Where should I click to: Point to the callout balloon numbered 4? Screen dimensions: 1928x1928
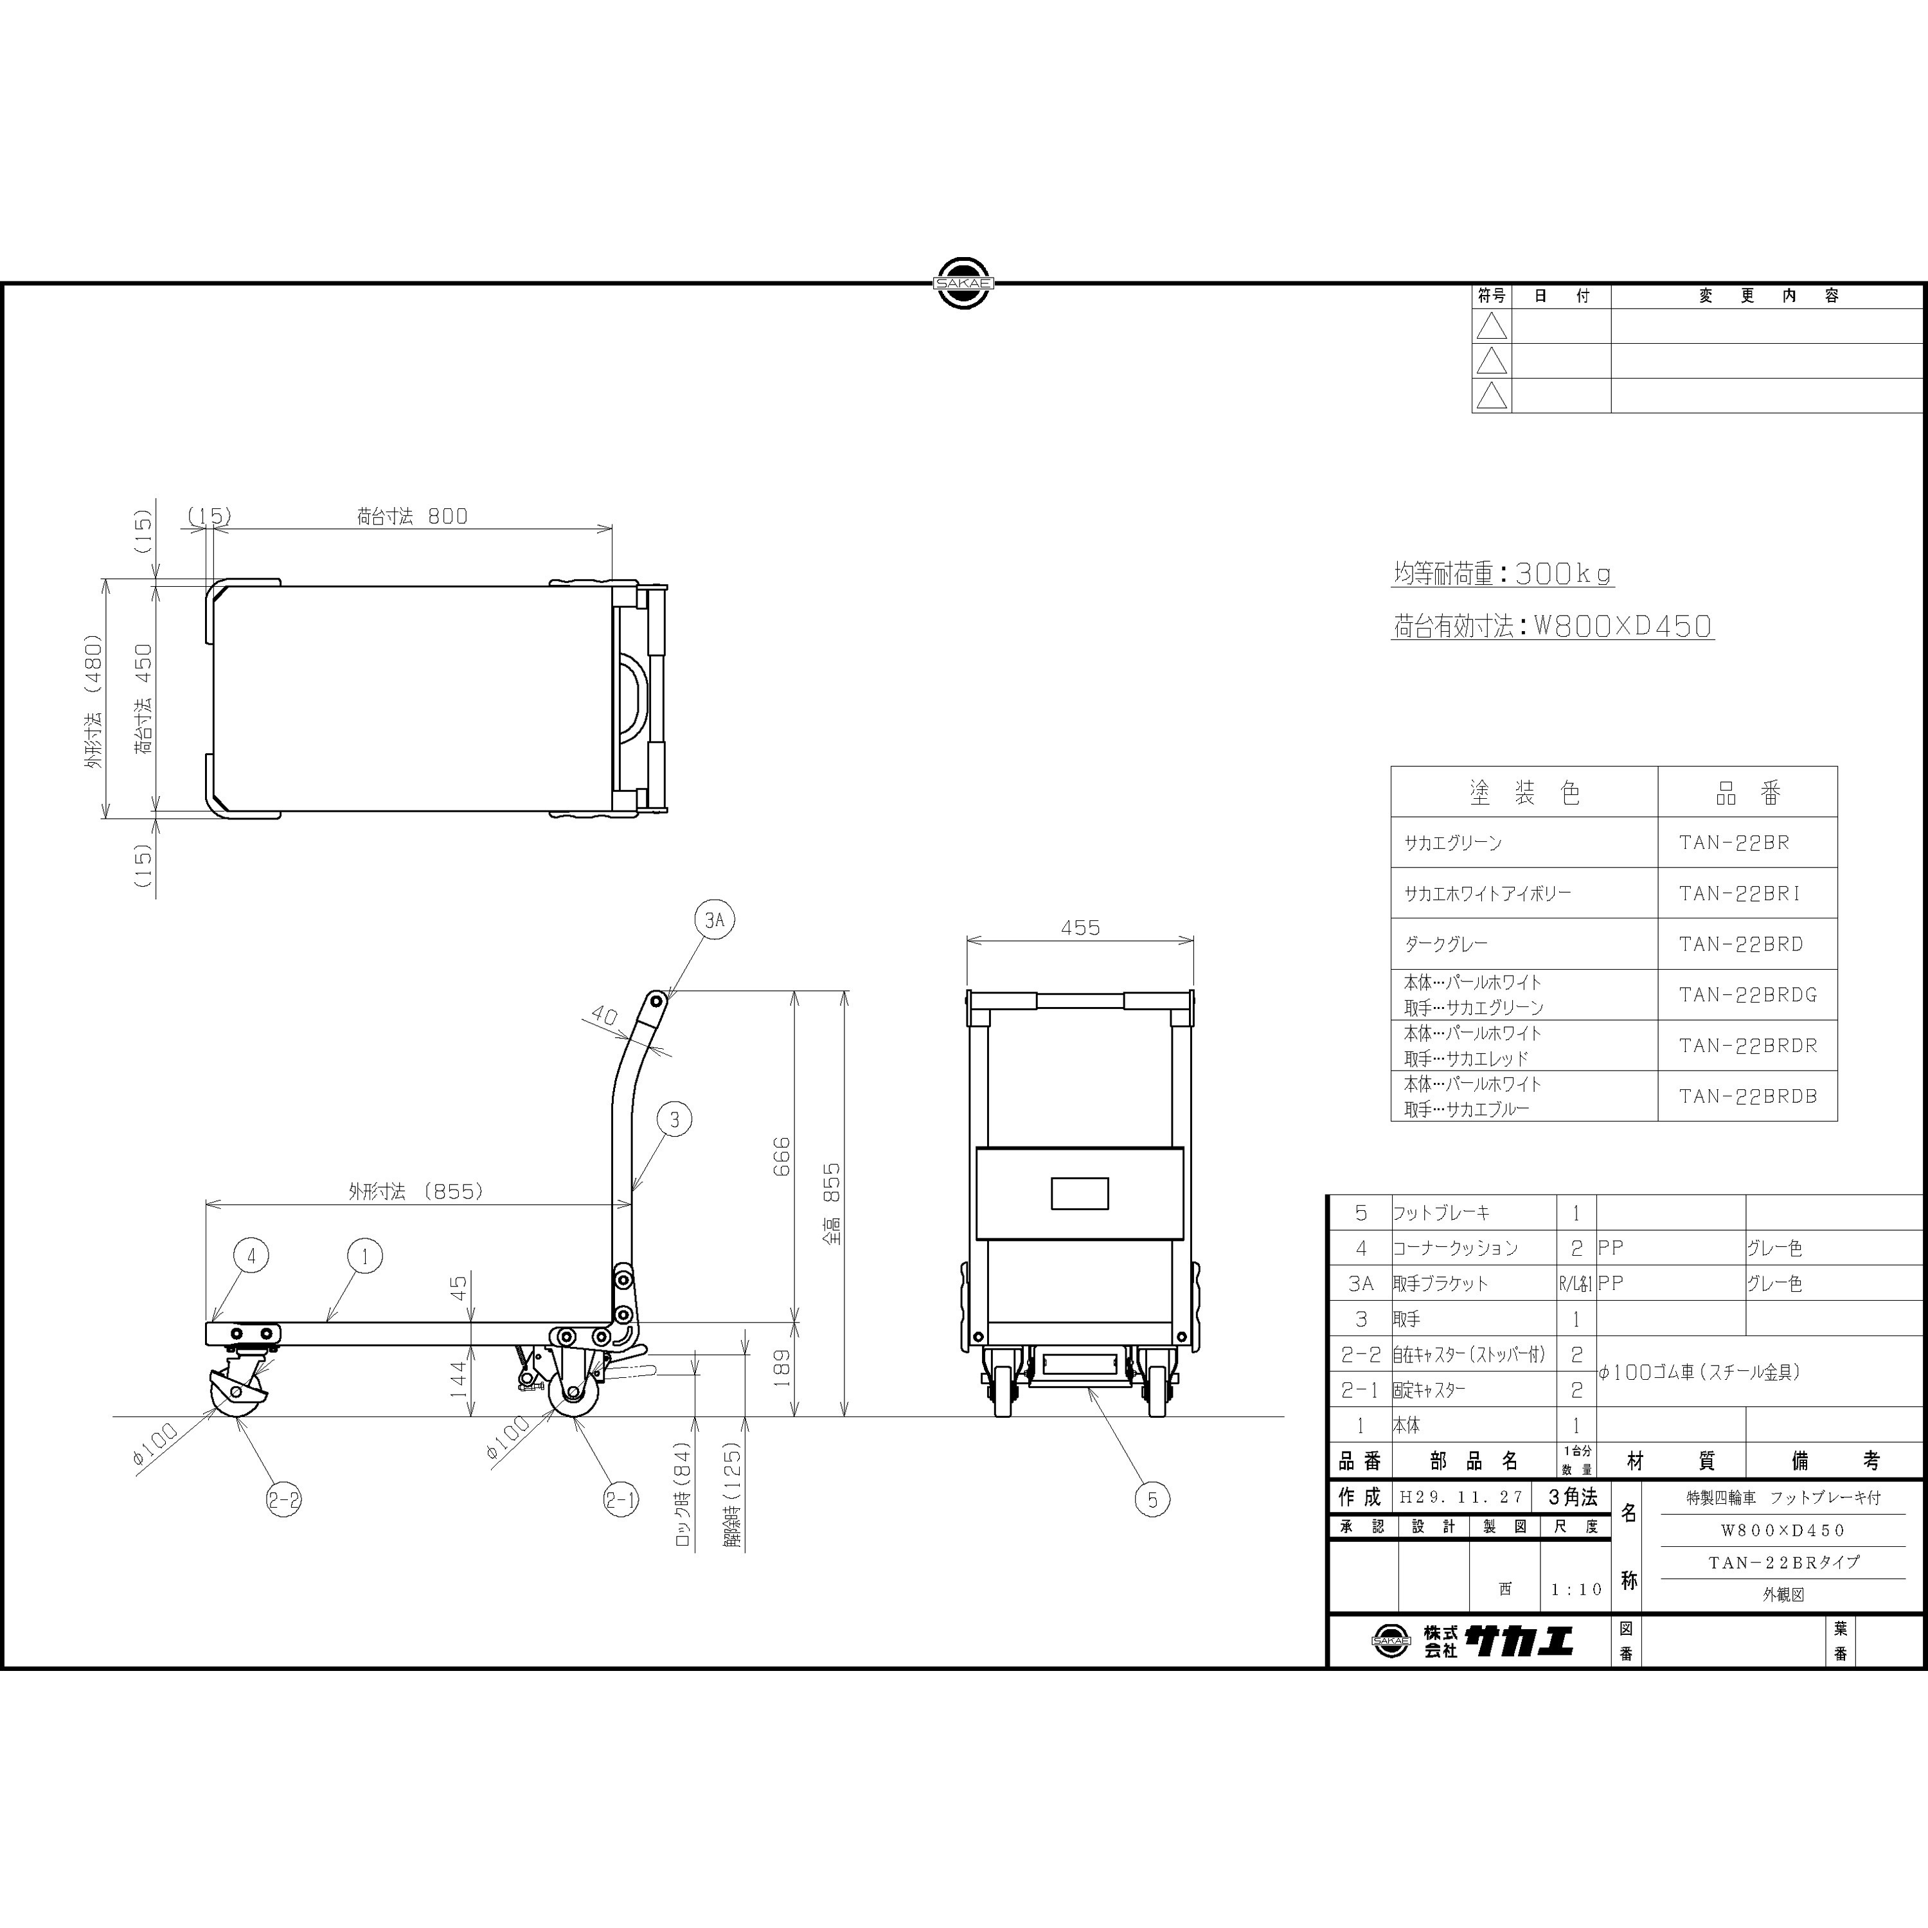tap(251, 1255)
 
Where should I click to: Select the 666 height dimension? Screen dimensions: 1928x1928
tap(781, 1156)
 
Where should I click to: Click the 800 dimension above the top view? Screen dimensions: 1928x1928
tap(447, 516)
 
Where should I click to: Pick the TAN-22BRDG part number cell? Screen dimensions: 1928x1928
tap(1747, 995)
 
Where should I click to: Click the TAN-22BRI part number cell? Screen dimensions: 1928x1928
tap(1740, 893)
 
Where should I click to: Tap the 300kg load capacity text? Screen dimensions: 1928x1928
tap(1564, 574)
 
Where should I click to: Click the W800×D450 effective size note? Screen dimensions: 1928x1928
tap(1621, 627)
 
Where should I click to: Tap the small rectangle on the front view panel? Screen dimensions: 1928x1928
tap(1080, 1193)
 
